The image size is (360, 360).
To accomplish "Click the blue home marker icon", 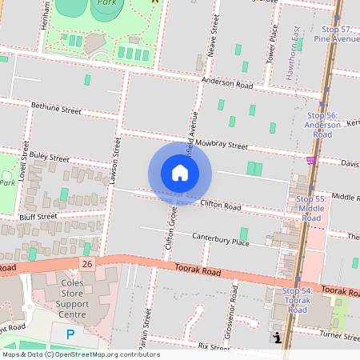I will tap(180, 173).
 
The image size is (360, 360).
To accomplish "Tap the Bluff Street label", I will tap(38, 216).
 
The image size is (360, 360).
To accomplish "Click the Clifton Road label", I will tap(221, 206).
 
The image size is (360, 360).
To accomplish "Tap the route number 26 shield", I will tap(86, 263).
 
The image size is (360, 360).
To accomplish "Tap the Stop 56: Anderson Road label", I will tap(322, 125).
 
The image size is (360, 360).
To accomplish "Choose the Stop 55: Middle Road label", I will tap(311, 208).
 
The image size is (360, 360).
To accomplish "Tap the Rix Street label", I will tap(214, 347).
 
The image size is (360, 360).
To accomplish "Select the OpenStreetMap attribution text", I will tap(80, 354).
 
